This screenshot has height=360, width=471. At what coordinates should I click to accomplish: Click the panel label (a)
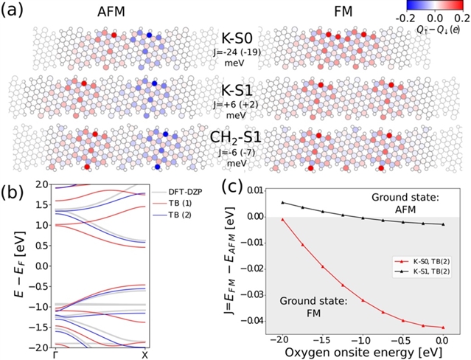point(13,10)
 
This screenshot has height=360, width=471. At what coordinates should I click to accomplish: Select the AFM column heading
point(115,13)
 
